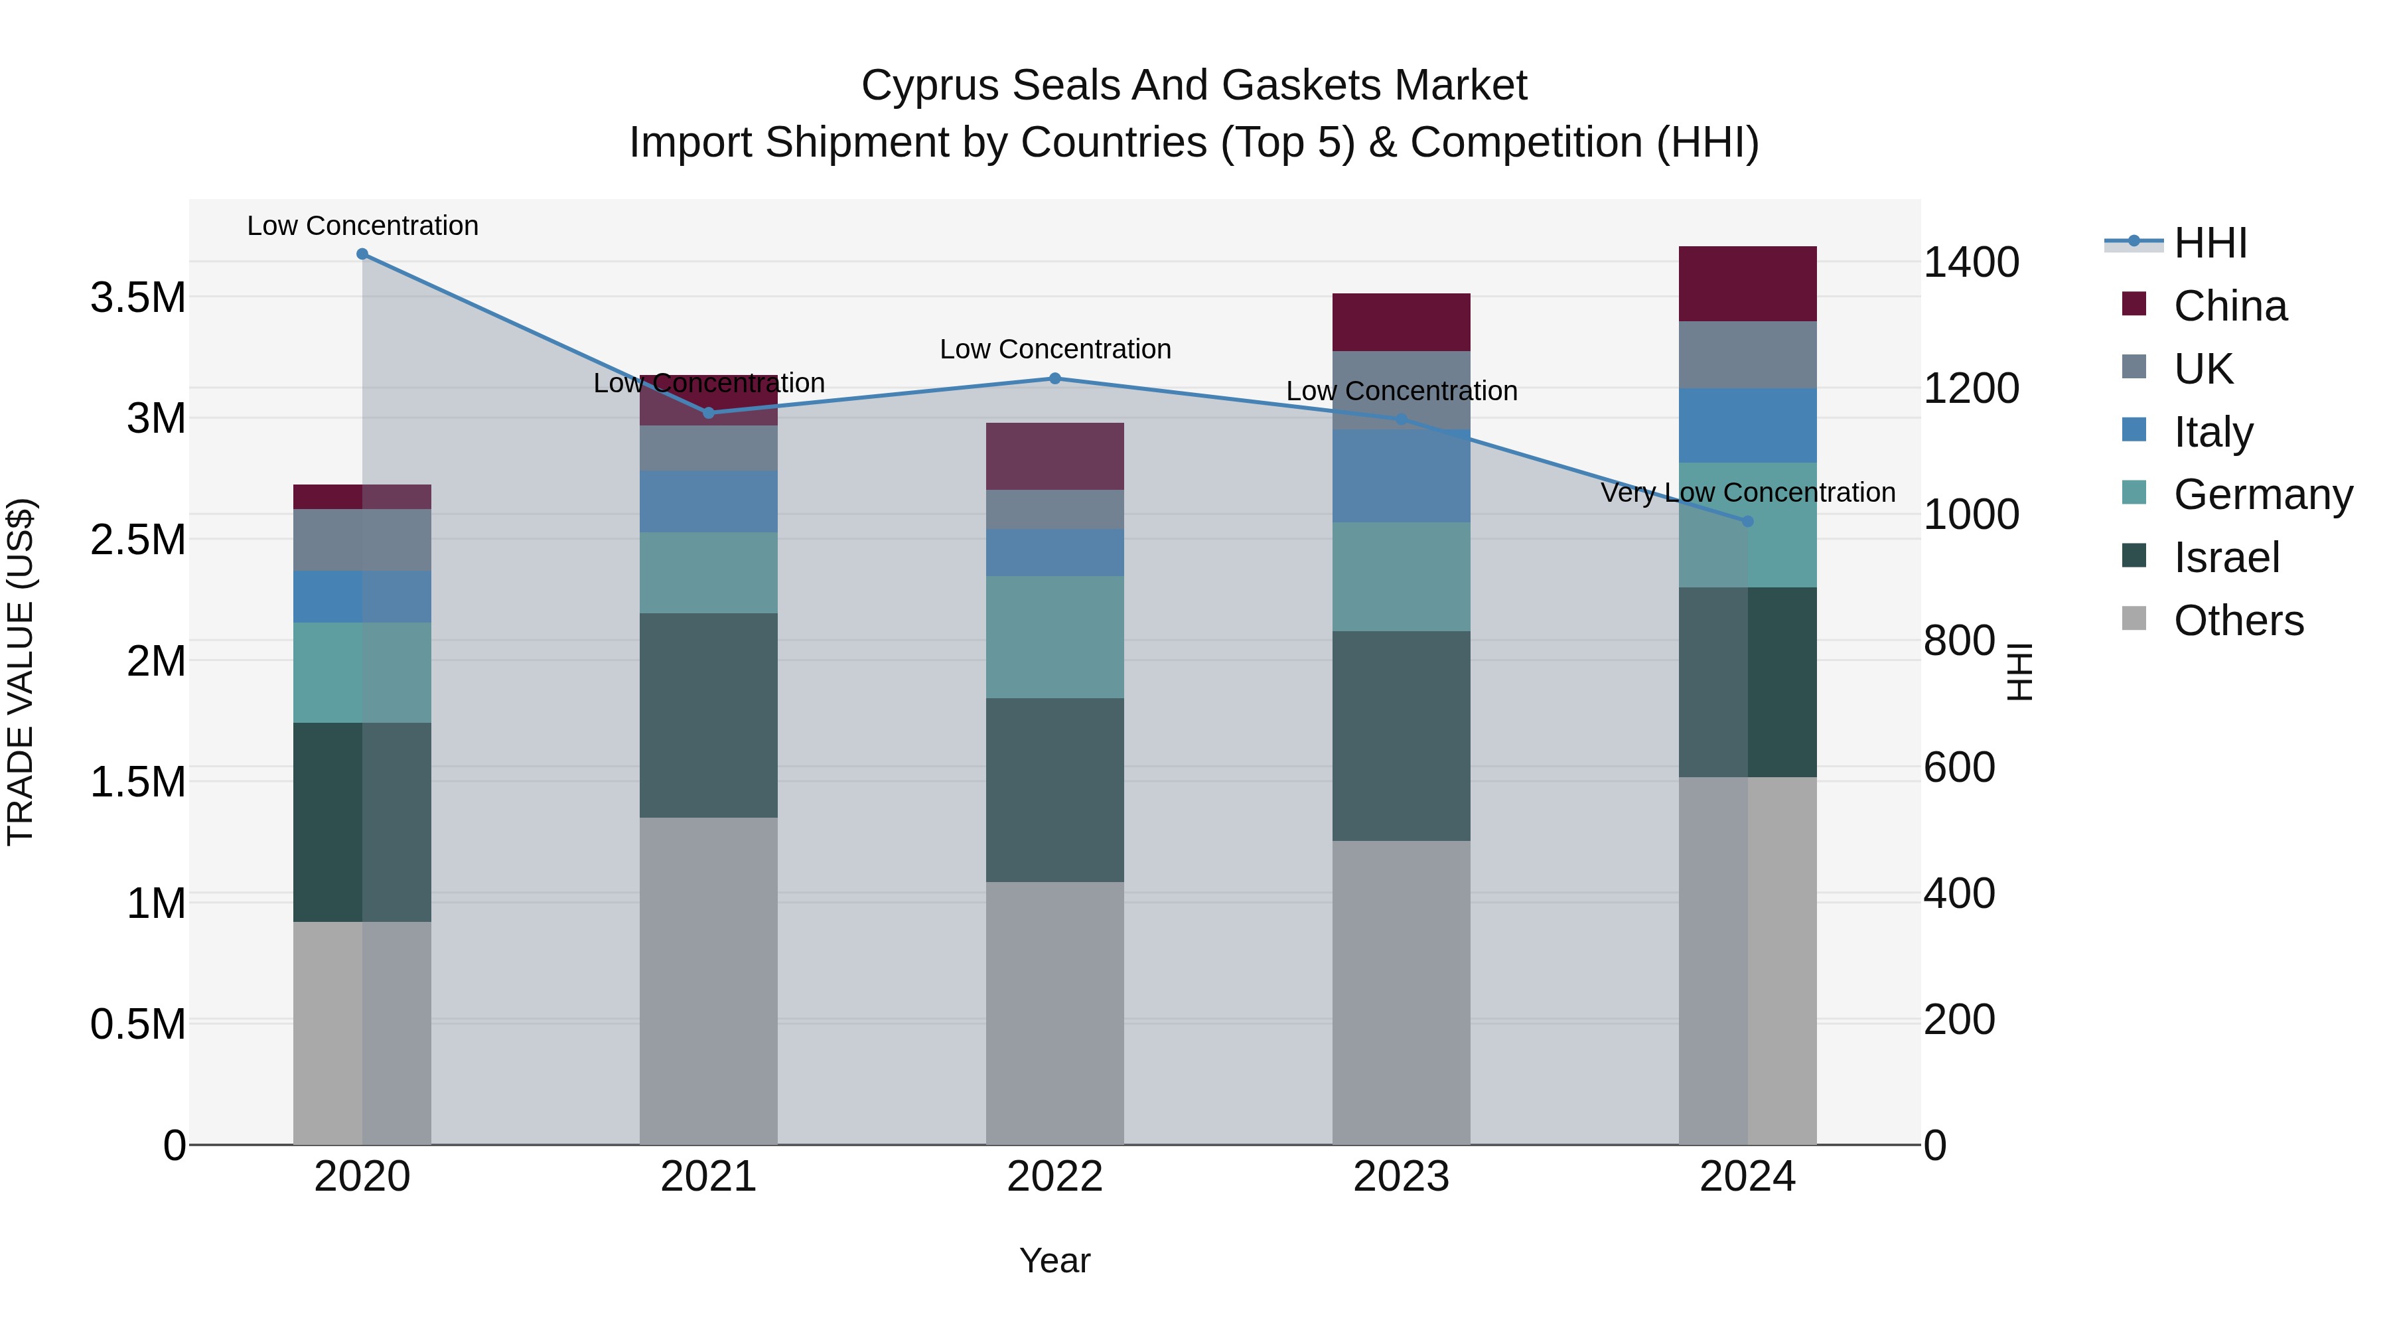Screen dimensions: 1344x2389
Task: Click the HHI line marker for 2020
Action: [x=362, y=254]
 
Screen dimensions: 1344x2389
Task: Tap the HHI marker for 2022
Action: [x=1054, y=378]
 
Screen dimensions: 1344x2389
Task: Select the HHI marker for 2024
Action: [x=1747, y=521]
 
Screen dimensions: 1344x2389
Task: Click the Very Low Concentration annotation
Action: [x=1747, y=492]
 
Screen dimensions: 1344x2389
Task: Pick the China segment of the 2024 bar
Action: [x=1747, y=284]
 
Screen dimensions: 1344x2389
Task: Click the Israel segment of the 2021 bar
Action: [x=709, y=715]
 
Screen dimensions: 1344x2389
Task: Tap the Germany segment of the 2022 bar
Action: [x=1054, y=637]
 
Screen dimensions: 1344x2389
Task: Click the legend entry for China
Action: [x=2230, y=306]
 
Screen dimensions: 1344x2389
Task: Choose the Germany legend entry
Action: [x=2262, y=494]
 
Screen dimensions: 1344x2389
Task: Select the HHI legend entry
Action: [x=2209, y=243]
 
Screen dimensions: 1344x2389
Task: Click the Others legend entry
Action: [x=2238, y=621]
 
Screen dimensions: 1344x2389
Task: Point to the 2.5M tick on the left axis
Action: [x=138, y=540]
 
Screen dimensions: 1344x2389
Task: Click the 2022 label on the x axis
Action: [x=1054, y=1177]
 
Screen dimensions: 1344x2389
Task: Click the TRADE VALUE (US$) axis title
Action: [x=21, y=672]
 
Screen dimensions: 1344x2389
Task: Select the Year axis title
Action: [x=1054, y=1260]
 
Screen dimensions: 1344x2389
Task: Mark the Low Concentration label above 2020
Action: [x=362, y=226]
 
